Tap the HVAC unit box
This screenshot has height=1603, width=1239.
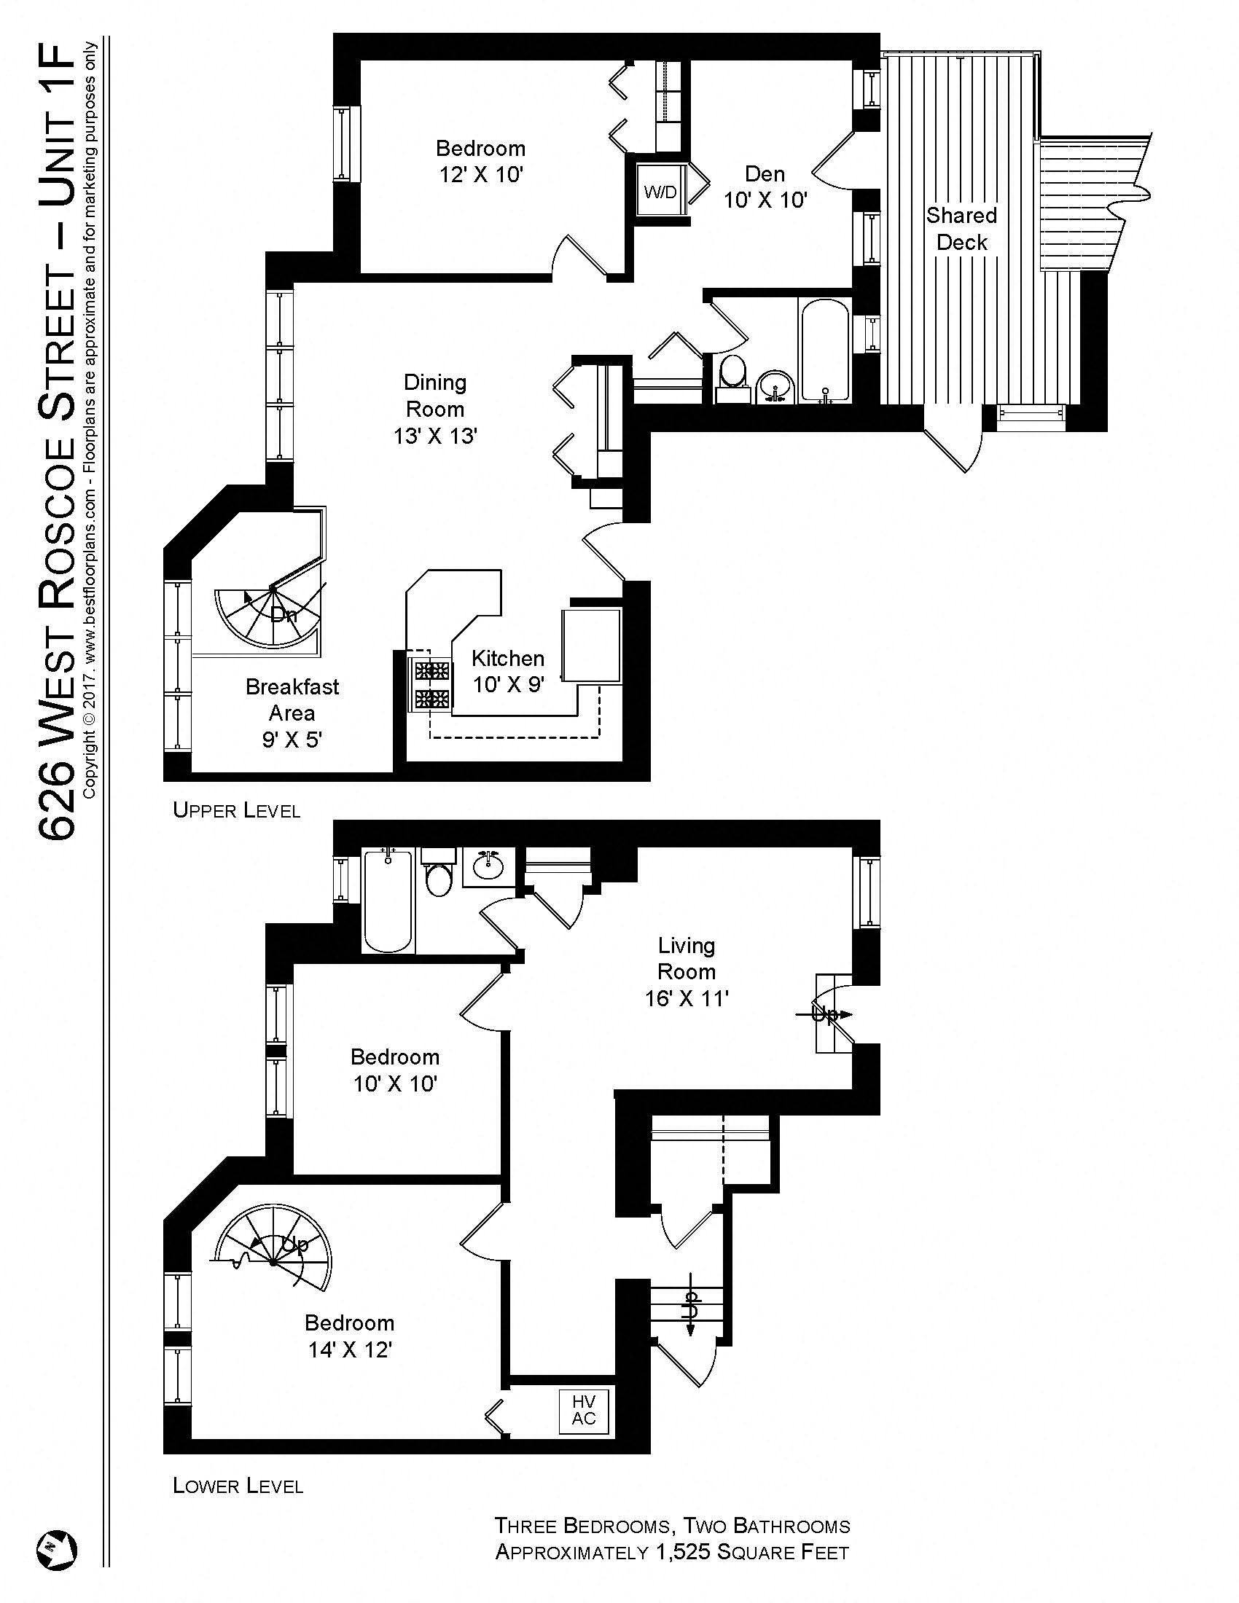point(585,1410)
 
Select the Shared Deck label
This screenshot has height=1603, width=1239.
point(961,229)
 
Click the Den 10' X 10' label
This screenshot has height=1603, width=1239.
point(765,187)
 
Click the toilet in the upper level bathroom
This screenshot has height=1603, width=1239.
point(731,375)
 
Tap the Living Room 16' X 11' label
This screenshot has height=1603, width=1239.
point(686,972)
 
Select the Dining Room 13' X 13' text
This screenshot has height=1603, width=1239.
point(435,409)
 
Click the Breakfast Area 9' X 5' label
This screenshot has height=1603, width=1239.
point(292,713)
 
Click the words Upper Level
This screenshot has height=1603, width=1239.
point(236,810)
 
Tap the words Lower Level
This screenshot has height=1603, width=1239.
point(238,1486)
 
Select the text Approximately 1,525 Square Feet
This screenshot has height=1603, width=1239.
point(672,1552)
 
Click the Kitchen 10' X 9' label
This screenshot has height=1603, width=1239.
point(508,671)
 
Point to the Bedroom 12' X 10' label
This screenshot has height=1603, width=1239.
point(480,161)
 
